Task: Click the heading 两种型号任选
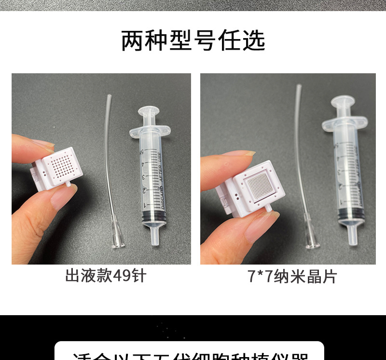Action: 193,41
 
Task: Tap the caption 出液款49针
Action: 106,276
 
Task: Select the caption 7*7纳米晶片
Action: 292,277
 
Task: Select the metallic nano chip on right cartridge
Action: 261,184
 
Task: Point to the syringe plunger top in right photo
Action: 343,101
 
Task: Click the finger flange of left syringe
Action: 150,130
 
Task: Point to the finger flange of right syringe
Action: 345,124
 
